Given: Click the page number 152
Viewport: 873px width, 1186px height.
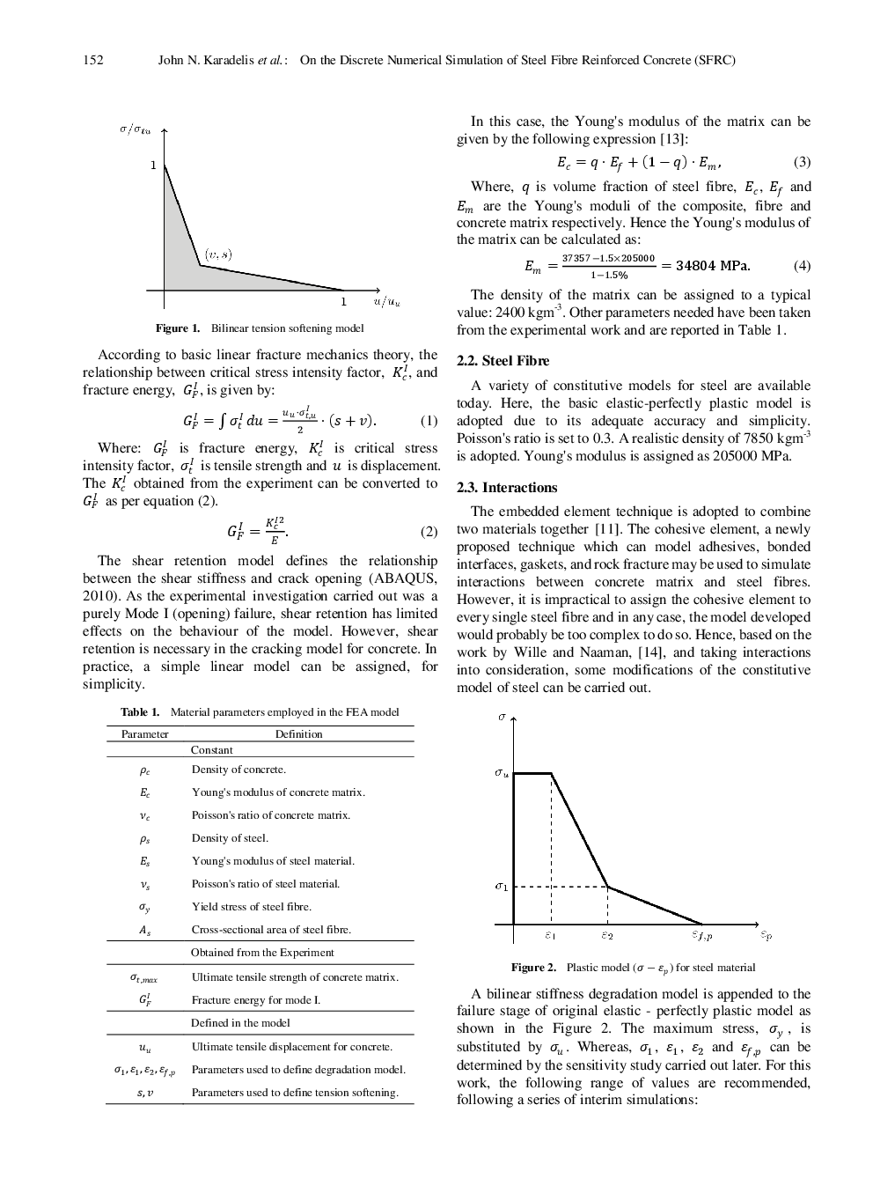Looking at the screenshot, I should point(93,60).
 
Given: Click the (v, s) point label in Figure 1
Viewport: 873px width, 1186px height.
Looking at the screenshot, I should point(218,254).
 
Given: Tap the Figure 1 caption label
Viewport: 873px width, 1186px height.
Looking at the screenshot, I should point(177,328).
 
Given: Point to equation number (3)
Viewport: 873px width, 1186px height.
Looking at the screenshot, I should point(802,162).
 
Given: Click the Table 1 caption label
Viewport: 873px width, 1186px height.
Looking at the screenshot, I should point(140,712).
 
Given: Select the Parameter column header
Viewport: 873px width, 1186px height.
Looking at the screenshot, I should point(145,734).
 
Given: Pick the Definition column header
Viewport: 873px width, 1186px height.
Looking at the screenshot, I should point(298,734).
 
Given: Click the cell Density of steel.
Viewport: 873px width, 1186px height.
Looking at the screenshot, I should point(230,838).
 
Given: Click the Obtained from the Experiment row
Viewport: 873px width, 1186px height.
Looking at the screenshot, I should point(262,953).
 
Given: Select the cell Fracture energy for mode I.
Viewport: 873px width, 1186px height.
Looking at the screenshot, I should point(256,1000).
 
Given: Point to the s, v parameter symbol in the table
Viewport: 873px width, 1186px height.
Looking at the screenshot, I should point(145,1093).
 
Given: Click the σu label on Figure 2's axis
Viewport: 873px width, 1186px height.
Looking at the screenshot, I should point(501,773).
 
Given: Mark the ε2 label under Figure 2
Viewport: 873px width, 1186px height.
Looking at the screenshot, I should point(607,935).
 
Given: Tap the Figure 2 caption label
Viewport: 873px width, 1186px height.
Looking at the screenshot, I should point(533,968).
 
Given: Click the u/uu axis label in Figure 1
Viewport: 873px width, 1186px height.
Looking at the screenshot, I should point(386,302).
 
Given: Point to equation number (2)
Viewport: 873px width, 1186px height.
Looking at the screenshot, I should point(429,532).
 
